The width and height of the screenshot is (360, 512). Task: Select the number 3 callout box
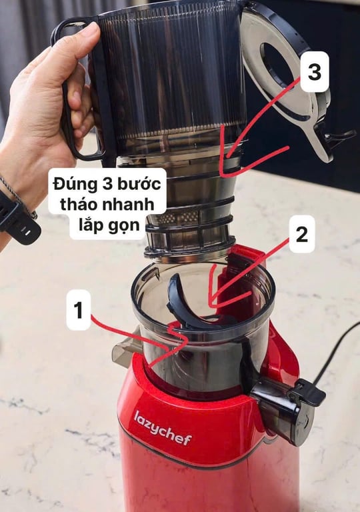(315, 71)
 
